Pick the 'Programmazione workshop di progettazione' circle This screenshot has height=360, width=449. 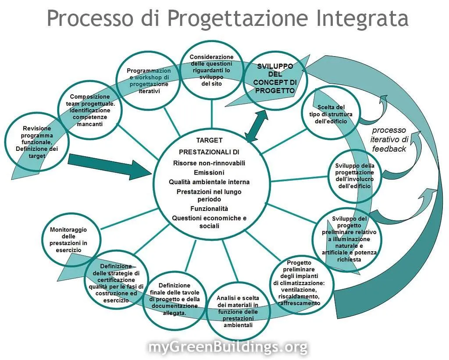click(148, 82)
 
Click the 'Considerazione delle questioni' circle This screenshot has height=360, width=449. click(211, 70)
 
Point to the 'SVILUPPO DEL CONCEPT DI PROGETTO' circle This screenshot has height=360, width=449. click(275, 79)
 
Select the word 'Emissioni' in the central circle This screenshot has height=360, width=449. click(209, 172)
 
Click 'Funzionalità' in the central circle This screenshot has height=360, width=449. click(209, 209)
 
